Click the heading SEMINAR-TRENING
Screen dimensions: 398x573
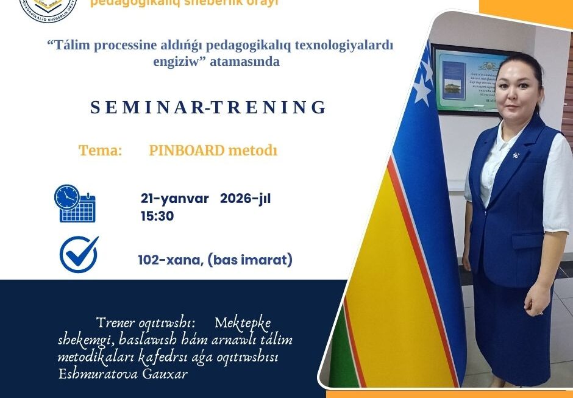click(x=208, y=107)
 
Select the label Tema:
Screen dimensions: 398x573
click(x=100, y=151)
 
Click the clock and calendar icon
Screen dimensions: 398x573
click(x=75, y=203)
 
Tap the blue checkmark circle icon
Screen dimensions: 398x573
click(x=79, y=254)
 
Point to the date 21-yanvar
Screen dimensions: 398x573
click(x=175, y=199)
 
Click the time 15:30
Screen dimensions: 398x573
click(x=157, y=216)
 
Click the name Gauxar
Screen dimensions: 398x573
click(x=165, y=374)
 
